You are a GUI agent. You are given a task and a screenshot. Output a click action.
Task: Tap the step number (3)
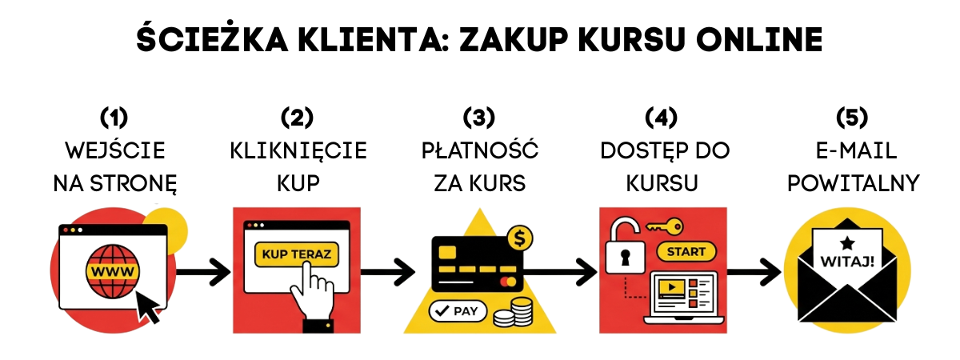tap(480, 118)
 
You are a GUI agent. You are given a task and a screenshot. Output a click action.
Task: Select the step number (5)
tap(852, 118)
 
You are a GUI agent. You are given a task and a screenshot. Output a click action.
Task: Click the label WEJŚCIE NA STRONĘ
tap(114, 166)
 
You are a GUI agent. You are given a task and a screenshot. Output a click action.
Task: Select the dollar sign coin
tap(521, 238)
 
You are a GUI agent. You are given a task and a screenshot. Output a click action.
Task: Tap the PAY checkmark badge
tap(457, 310)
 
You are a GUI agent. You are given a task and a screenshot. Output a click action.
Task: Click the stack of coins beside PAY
tap(513, 312)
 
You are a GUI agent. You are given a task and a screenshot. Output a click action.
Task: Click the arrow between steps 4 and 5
tap(755, 271)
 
